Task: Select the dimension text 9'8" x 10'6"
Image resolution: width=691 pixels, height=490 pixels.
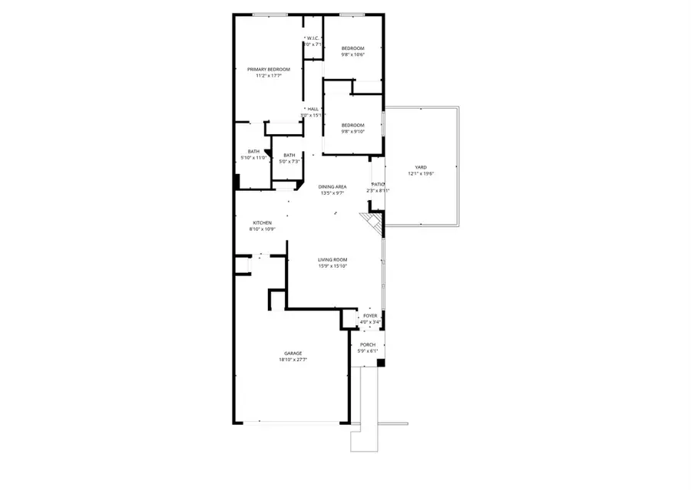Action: point(352,54)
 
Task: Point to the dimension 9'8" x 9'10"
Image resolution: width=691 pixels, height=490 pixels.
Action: point(352,132)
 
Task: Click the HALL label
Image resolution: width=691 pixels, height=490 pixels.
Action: point(312,109)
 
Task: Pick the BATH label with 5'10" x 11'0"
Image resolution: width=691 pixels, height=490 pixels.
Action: point(253,151)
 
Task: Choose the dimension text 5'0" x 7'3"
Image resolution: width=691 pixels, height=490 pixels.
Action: point(289,161)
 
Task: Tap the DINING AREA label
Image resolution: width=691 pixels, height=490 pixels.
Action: point(332,187)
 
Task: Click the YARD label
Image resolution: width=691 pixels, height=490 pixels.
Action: point(420,167)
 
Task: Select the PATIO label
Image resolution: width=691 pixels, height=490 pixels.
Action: point(378,184)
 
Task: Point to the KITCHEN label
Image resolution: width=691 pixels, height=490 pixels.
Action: point(262,223)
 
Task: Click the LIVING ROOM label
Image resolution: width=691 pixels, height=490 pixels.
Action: point(333,260)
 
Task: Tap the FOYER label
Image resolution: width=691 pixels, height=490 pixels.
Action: point(370,315)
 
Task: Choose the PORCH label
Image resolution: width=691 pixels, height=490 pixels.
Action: point(368,345)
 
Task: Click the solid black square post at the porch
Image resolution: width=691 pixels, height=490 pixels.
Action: point(380,363)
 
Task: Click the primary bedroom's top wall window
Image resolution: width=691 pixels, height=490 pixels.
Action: point(265,15)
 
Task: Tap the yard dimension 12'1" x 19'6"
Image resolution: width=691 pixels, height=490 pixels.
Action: point(421,174)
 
